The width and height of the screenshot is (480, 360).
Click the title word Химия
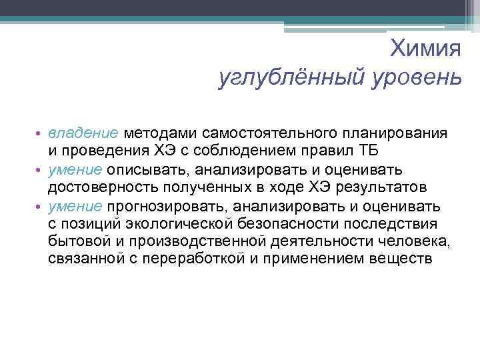pyautogui.click(x=425, y=48)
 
